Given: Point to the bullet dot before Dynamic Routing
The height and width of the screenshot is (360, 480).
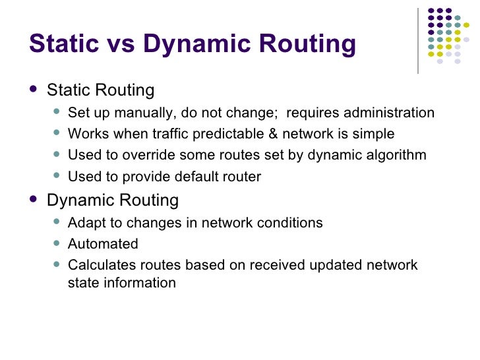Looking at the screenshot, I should (x=34, y=199).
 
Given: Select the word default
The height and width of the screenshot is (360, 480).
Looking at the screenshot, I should (x=199, y=177).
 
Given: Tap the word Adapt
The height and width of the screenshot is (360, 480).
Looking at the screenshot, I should (x=85, y=223).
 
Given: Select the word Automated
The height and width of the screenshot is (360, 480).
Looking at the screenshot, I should (x=103, y=244).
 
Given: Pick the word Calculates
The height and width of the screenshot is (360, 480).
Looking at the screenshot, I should (x=100, y=265).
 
